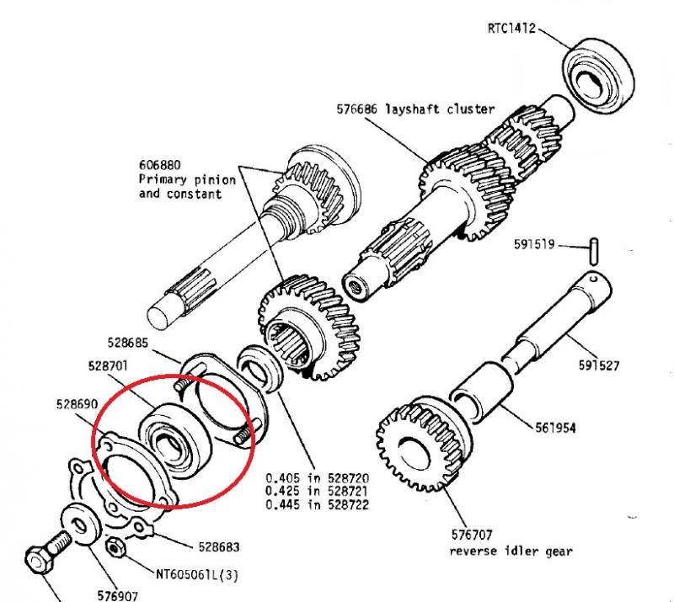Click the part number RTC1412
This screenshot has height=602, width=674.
(x=510, y=26)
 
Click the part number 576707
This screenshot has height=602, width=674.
(x=472, y=535)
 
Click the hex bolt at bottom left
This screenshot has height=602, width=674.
(x=45, y=555)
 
